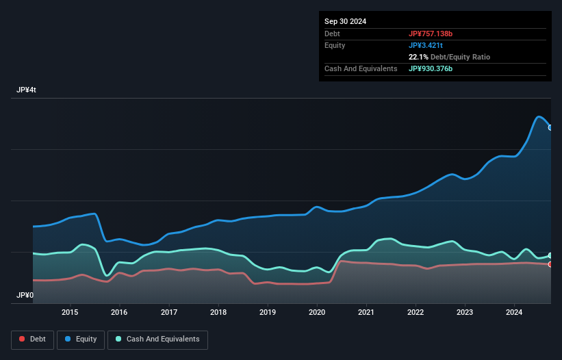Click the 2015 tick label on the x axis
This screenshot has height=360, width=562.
(x=70, y=313)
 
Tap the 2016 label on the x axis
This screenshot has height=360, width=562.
(x=119, y=313)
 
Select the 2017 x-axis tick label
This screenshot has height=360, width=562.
(x=169, y=313)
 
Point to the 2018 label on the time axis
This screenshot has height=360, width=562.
(x=218, y=313)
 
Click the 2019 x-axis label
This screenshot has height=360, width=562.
(x=268, y=313)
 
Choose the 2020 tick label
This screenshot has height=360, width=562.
(x=317, y=313)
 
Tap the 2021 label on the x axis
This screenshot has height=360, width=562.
(x=366, y=313)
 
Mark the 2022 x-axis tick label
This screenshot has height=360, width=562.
(x=416, y=313)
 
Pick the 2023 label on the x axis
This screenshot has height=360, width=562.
(x=465, y=313)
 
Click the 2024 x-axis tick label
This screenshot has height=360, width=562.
(x=515, y=313)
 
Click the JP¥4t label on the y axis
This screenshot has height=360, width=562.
(x=27, y=90)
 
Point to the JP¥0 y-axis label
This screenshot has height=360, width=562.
(x=25, y=296)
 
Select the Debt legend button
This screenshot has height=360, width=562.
(x=31, y=339)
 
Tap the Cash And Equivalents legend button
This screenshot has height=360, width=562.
(x=157, y=339)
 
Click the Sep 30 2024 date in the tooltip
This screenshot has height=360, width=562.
(x=345, y=21)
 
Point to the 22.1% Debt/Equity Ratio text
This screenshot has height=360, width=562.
(x=449, y=57)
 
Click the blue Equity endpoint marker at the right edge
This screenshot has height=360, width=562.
(x=550, y=127)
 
